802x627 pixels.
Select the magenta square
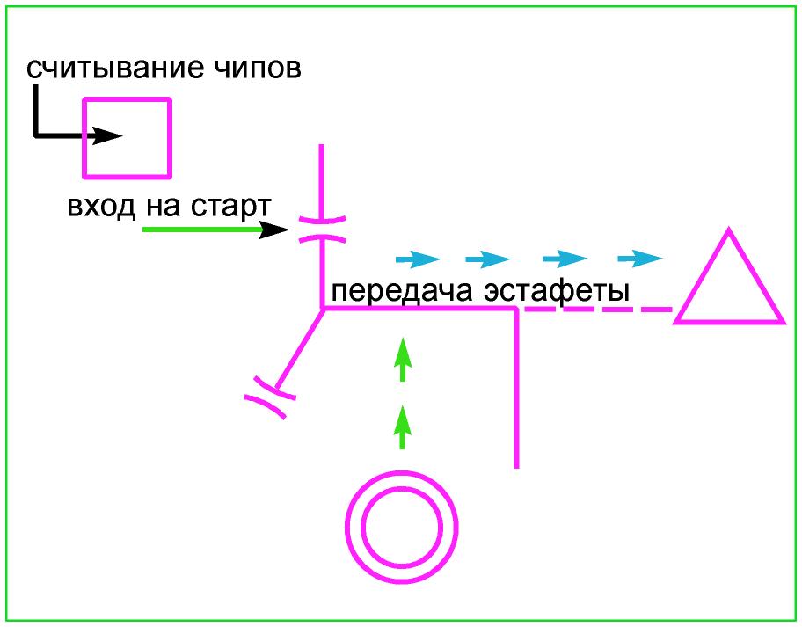(x=127, y=138)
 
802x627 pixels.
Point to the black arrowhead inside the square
(x=109, y=136)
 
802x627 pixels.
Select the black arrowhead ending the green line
(x=277, y=230)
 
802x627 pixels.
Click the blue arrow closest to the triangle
(x=639, y=259)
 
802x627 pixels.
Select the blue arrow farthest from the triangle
(x=417, y=259)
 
